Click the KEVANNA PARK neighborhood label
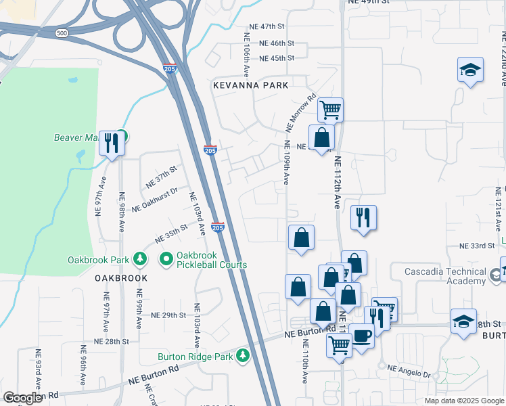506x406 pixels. pos(250,85)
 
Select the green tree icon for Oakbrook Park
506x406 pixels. pos(140,258)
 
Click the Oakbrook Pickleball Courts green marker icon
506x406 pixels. pos(166,258)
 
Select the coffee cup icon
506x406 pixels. pos(362,336)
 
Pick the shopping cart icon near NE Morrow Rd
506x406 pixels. pos(330,109)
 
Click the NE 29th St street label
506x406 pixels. pos(168,315)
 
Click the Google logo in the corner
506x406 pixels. pos(22,398)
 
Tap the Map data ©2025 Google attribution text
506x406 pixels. pos(463,401)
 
